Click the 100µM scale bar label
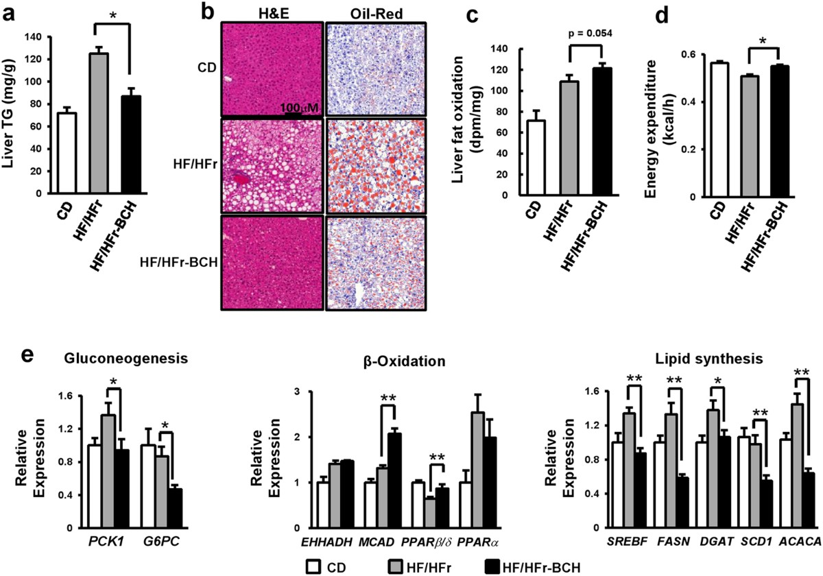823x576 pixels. click(296, 107)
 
